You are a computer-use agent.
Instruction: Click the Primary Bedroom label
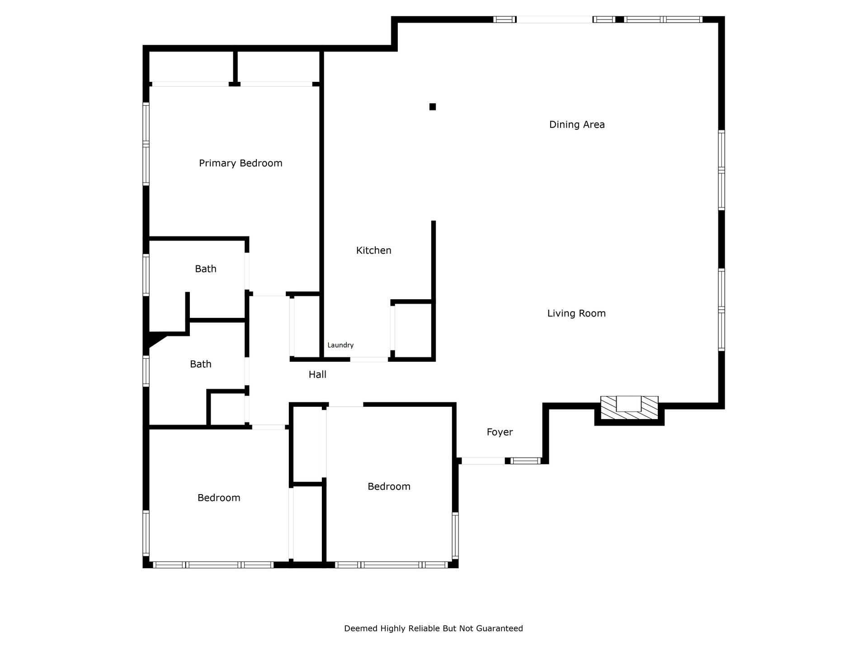[x=241, y=163]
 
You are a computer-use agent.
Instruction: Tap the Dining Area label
[x=577, y=125]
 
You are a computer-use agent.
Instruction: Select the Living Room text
[x=576, y=313]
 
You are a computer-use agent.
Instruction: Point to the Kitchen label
[x=373, y=250]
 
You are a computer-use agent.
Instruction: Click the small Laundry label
[x=340, y=345]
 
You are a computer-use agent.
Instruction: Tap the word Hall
[x=317, y=374]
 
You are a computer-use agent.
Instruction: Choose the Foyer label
[x=500, y=432]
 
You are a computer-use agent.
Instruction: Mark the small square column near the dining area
[x=433, y=107]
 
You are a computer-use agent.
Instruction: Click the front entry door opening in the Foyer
[x=483, y=461]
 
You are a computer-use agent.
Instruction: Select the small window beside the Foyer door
[x=525, y=461]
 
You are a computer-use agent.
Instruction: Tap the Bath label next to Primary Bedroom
[x=206, y=269]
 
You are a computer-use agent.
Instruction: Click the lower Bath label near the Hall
[x=201, y=364]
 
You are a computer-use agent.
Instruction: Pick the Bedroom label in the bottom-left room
[x=219, y=498]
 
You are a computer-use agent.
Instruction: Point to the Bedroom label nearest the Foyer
[x=389, y=487]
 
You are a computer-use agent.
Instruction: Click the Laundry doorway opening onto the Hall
[x=369, y=359]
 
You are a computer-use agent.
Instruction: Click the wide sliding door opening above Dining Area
[x=554, y=19]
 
